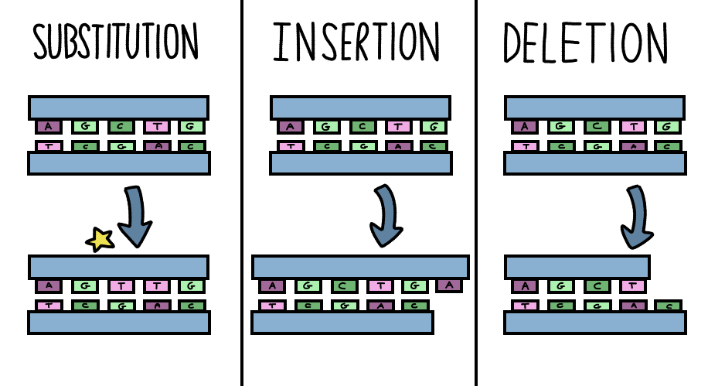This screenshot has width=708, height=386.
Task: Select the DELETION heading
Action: pyautogui.click(x=586, y=41)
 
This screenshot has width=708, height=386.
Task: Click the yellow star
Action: pyautogui.click(x=100, y=240)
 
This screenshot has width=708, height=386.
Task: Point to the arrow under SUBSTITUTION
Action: pyautogui.click(x=137, y=216)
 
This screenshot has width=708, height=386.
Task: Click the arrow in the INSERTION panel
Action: pyautogui.click(x=384, y=216)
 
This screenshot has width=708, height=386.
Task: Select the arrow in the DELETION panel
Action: pyautogui.click(x=635, y=216)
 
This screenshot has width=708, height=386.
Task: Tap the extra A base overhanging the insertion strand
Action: pyautogui.click(x=448, y=286)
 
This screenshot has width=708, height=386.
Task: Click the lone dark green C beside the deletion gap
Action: pyautogui.click(x=669, y=306)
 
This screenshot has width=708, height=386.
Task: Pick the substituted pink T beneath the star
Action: pyautogui.click(x=120, y=286)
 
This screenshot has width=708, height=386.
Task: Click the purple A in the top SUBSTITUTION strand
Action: pyautogui.click(x=48, y=126)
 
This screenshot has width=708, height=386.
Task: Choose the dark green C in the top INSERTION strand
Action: pyautogui.click(x=362, y=126)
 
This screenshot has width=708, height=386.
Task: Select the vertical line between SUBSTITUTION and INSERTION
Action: pyautogui.click(x=242, y=193)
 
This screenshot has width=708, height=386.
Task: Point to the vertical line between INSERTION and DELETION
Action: pyautogui.click(x=476, y=193)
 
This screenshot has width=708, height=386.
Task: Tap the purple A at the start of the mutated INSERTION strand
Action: pyautogui.click(x=272, y=286)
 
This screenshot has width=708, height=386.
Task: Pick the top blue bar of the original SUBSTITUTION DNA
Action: pyautogui.click(x=118, y=107)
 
